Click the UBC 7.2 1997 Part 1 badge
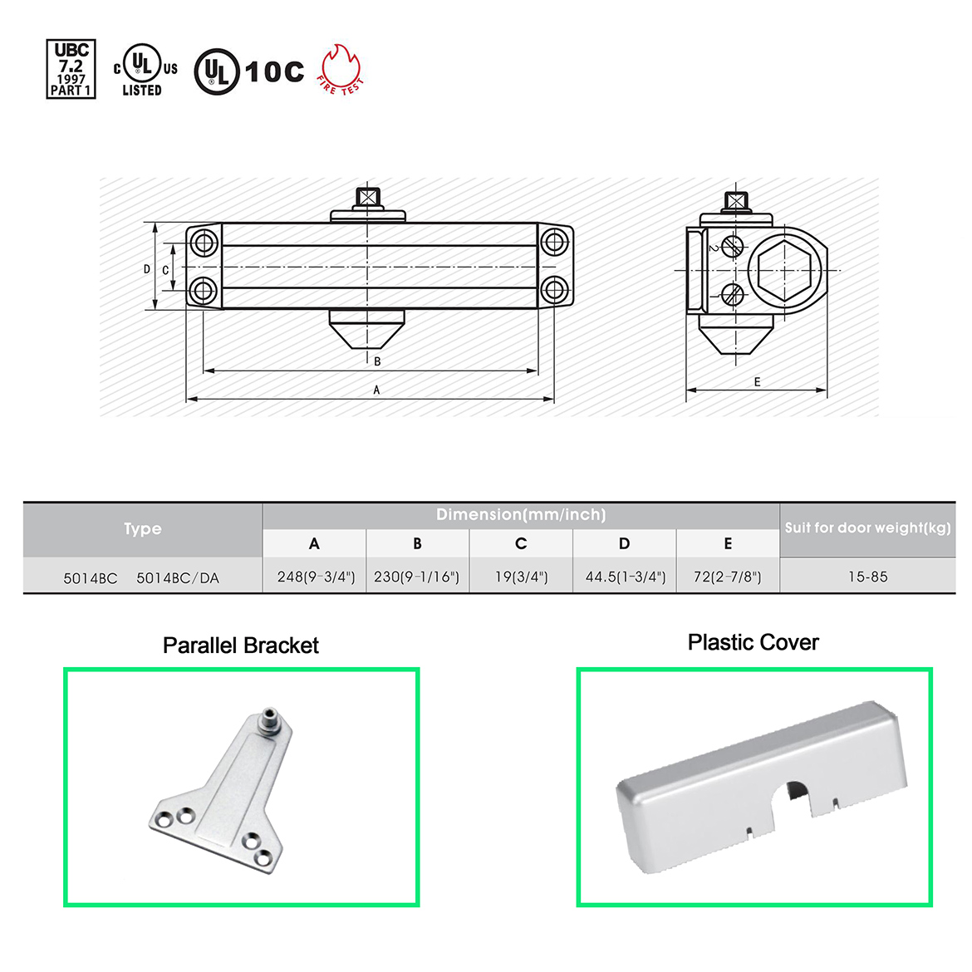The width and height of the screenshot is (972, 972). (71, 69)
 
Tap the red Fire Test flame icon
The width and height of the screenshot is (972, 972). (341, 69)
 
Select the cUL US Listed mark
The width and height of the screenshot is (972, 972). (145, 70)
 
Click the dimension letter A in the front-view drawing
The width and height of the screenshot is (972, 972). (376, 390)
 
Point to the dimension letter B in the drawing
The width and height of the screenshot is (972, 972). (377, 361)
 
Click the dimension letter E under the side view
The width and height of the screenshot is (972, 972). (757, 382)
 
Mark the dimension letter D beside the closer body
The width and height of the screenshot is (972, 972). (147, 269)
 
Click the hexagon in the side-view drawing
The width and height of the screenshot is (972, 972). (785, 271)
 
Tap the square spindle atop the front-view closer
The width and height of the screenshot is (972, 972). (367, 198)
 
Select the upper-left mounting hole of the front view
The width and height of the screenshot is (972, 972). (204, 243)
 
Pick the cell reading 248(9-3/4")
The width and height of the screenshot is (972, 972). (316, 577)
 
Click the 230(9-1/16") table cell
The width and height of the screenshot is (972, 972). (416, 577)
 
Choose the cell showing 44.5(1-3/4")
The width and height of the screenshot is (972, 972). (626, 577)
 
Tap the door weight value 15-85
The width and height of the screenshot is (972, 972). (868, 577)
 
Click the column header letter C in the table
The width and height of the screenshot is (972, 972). (521, 543)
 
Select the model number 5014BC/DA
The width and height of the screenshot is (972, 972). (178, 577)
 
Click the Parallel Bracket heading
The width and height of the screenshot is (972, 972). (241, 646)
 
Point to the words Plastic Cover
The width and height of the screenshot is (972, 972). (754, 643)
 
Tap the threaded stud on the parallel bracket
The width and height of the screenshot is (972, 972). (269, 719)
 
